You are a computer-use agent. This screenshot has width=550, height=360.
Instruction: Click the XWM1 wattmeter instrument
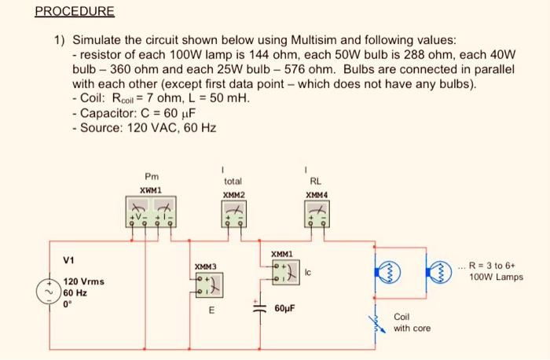151,211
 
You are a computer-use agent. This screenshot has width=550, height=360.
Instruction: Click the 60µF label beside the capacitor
284,308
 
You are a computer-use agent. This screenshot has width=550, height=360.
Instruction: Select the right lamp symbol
436,266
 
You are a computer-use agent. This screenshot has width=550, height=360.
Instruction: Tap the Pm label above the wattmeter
151,176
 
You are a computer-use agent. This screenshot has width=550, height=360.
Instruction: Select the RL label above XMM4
315,181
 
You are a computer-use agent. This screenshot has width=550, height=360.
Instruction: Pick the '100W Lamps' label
496,277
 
